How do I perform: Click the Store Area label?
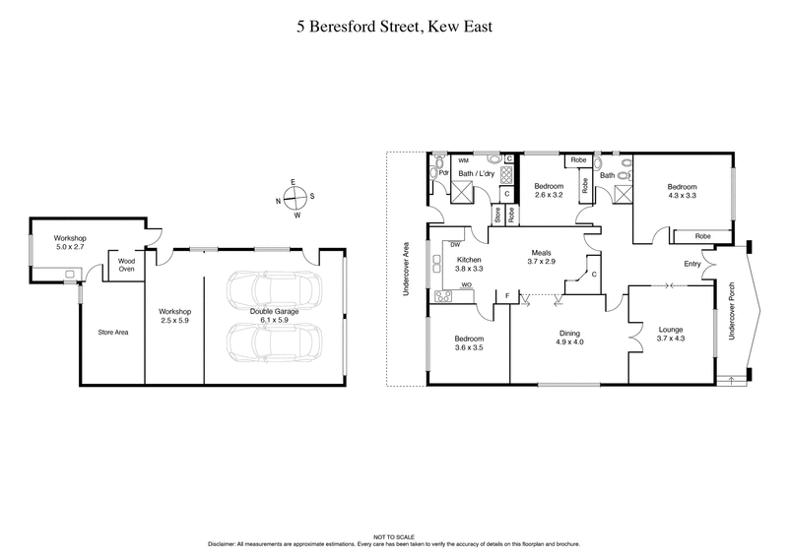tap(112, 332)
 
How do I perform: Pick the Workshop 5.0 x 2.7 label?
tap(71, 243)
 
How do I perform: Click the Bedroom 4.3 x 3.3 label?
tap(681, 191)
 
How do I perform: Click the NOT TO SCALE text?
tap(394, 536)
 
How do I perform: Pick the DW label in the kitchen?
tap(455, 244)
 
